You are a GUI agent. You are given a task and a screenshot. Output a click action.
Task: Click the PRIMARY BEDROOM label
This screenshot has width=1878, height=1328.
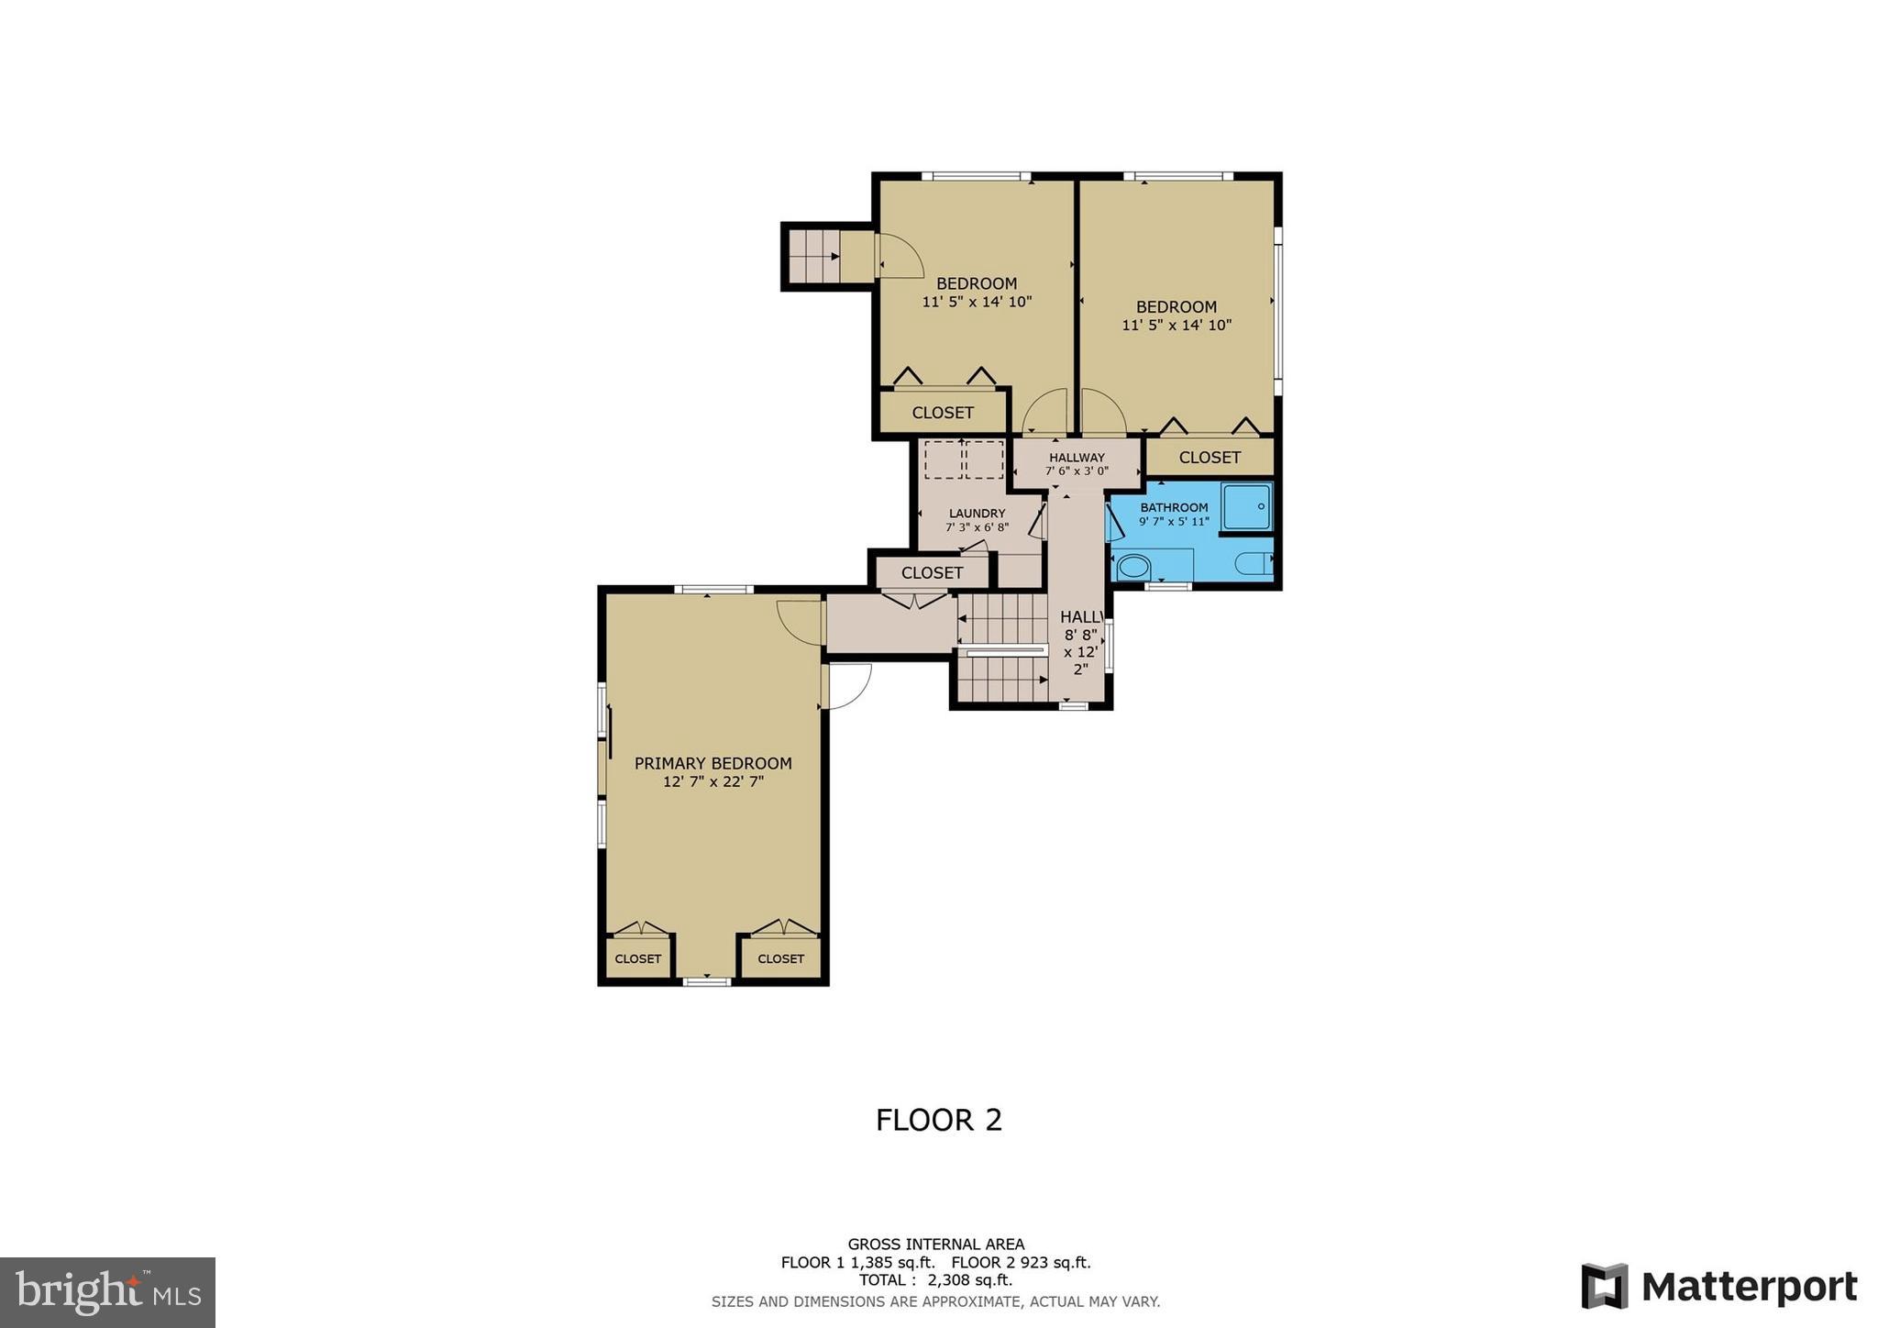coord(713,763)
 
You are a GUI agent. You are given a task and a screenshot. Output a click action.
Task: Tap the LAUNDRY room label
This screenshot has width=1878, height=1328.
coord(977,514)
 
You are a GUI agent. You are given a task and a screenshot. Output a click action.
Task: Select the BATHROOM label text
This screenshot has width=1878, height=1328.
coord(1174,507)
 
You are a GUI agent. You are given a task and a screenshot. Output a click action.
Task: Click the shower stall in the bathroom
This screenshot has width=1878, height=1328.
coord(1246,506)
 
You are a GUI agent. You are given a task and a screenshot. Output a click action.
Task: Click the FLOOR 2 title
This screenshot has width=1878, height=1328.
coord(938,1120)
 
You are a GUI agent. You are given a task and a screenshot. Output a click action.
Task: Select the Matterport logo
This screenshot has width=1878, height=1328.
coord(1718,1286)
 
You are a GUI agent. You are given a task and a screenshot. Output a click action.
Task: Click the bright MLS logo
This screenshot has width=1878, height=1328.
coord(107,1292)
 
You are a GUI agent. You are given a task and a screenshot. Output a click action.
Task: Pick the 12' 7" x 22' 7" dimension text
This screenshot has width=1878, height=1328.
coord(713,782)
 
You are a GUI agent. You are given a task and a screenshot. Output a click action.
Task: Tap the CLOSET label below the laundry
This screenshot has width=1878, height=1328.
coord(932,572)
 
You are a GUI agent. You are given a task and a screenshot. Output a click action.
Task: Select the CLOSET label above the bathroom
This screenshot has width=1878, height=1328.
coord(1209,457)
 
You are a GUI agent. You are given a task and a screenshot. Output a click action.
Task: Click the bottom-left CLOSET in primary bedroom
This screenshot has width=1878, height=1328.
coord(637,958)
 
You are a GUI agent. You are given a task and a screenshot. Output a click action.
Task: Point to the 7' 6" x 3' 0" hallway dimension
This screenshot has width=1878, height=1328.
coord(1077,471)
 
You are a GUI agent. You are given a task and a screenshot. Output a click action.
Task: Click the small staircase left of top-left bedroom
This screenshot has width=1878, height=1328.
coord(813,256)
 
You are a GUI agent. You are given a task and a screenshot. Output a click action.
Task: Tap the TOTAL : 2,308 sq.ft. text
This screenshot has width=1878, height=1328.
coord(935,1280)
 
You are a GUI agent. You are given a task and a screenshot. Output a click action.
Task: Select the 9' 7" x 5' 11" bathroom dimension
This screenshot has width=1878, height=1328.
coord(1174,522)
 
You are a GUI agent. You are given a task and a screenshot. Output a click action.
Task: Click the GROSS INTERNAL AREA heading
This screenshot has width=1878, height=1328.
coord(935,1245)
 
